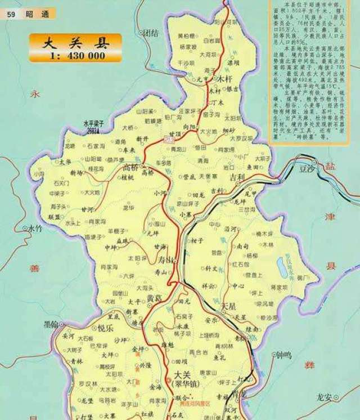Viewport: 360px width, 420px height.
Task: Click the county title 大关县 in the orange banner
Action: (75, 42)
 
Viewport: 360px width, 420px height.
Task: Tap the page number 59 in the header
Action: (11, 14)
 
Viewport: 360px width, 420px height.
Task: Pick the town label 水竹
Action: (35, 229)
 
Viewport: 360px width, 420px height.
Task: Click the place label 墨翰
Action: (51, 324)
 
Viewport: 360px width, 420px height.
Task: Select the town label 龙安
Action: (325, 396)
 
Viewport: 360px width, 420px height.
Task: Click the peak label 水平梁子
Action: (94, 123)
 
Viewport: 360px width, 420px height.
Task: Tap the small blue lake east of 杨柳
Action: (281, 262)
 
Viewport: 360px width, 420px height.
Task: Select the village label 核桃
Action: (128, 177)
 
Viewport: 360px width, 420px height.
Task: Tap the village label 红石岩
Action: (238, 264)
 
